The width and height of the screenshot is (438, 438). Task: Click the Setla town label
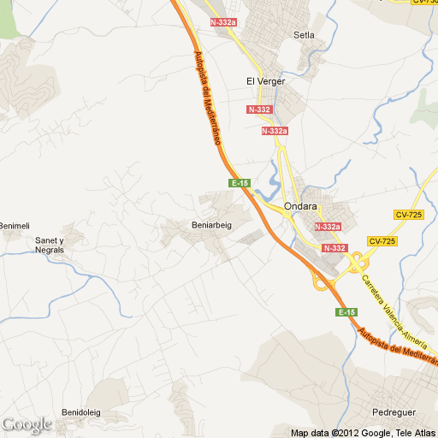[x=304, y=35]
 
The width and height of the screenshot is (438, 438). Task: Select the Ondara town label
[x=300, y=205]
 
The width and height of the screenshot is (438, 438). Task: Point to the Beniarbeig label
[x=209, y=225]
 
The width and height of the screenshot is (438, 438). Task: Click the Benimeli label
[x=14, y=225]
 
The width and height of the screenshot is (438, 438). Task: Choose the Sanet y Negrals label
[x=49, y=245]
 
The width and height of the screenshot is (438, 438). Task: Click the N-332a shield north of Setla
[x=223, y=23]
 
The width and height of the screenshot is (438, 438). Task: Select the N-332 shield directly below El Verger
[x=259, y=109]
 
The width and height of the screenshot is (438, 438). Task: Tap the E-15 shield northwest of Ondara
[x=240, y=183]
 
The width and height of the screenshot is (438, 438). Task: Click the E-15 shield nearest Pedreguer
[x=346, y=312]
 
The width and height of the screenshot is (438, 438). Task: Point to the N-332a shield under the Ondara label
[x=328, y=227]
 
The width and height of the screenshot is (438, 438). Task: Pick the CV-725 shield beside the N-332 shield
[x=382, y=241]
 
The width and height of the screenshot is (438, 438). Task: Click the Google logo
[x=27, y=423]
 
